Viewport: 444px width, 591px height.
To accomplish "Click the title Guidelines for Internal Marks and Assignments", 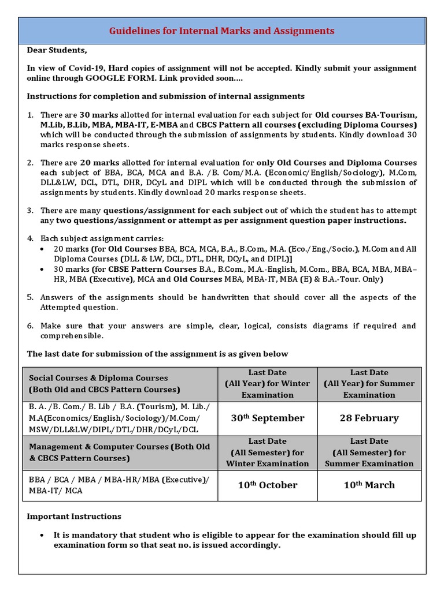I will pyautogui.click(x=222, y=31).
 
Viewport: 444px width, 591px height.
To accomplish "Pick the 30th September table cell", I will pyautogui.click(x=267, y=418).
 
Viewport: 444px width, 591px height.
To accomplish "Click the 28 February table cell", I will pyautogui.click(x=369, y=418).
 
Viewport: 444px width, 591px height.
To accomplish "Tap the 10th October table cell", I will pyautogui.click(x=267, y=485).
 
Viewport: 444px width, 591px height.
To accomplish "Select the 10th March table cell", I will pyautogui.click(x=369, y=485).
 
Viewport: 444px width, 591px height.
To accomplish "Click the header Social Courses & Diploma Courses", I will pyautogui.click(x=98, y=378).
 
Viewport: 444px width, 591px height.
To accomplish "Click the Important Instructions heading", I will pyautogui.click(x=74, y=516).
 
